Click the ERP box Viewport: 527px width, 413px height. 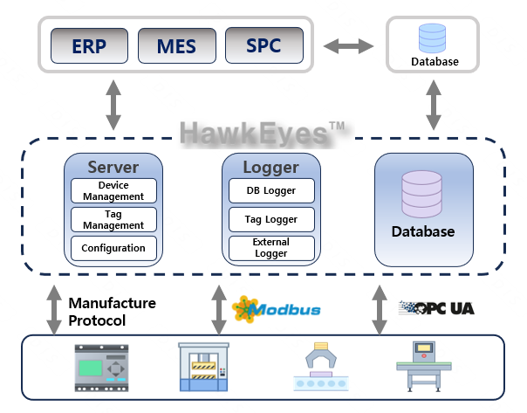pos(89,45)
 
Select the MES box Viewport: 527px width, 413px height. pos(177,45)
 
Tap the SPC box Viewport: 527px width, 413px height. pos(264,45)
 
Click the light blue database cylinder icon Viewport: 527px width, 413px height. pos(432,38)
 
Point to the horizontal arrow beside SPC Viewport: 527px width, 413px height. pos(348,46)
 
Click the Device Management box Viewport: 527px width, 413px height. pos(113,190)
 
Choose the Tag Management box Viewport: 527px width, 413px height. pos(113,220)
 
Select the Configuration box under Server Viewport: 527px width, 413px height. pos(113,248)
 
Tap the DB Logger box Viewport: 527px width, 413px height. pos(271,190)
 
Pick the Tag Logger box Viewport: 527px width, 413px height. pos(271,220)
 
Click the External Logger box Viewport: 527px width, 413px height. pos(271,248)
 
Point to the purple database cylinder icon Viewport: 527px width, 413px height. pos(421,194)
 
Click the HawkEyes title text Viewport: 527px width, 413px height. pos(263,134)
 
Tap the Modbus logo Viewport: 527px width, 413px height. pos(276,309)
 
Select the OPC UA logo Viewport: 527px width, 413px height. pos(436,308)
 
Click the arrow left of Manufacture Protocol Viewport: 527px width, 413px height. pos(54,310)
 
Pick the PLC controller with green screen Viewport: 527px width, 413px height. pos(101,368)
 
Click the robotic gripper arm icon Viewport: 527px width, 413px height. pos(321,367)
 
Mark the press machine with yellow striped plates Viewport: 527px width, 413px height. pos(203,367)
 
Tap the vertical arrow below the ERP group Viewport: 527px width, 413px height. pos(113,105)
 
